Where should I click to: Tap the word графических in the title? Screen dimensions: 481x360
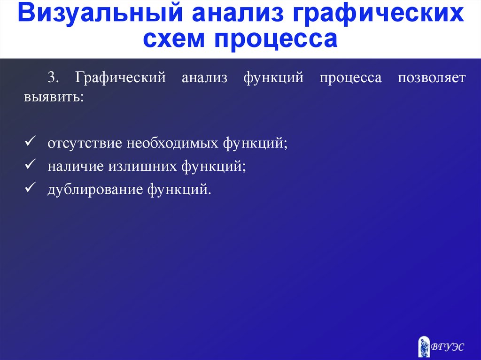coord(378,14)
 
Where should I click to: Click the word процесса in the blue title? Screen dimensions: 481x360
coord(276,39)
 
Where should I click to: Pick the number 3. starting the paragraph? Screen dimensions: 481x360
coord(53,77)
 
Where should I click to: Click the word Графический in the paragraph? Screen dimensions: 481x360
coord(120,77)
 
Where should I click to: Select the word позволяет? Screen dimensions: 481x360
coord(432,77)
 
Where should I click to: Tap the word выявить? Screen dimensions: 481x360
coord(54,97)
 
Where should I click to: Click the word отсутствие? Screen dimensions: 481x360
coord(85,143)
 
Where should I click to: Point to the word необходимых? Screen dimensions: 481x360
coord(172,143)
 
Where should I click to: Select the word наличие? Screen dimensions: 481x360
coord(76,167)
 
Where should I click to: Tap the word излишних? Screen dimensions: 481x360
coord(143,167)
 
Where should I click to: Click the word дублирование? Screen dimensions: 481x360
coord(95,190)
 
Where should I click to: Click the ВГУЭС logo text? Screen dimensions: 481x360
coord(448,347)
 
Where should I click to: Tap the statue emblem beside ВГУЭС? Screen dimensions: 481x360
coord(424,346)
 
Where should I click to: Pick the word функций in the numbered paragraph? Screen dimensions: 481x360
coord(273,77)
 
